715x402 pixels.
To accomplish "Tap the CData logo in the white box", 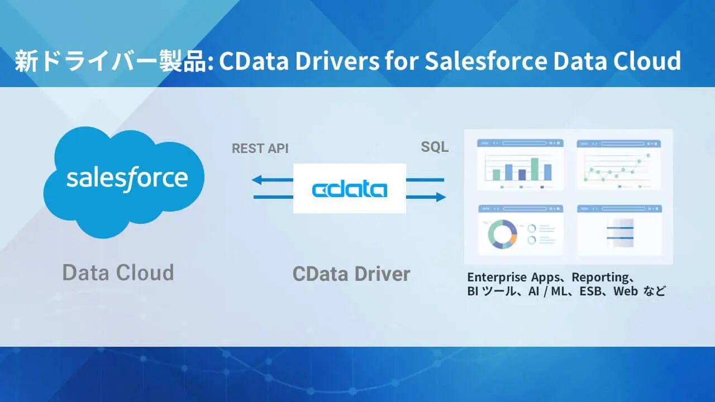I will pos(349,189).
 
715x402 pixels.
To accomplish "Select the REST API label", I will pos(260,149).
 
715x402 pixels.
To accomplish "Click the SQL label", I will pos(435,147).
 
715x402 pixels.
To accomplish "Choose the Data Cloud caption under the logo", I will pos(118,272).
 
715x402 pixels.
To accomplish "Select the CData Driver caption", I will pos(351,274).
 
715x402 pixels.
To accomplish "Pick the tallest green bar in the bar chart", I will pos(535,169).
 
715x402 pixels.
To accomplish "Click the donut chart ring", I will pos(501,233).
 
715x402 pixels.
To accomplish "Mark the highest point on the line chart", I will pos(649,155).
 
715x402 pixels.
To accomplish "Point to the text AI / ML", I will pos(547,291).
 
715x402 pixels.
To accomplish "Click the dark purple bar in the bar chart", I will pos(522,174).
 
